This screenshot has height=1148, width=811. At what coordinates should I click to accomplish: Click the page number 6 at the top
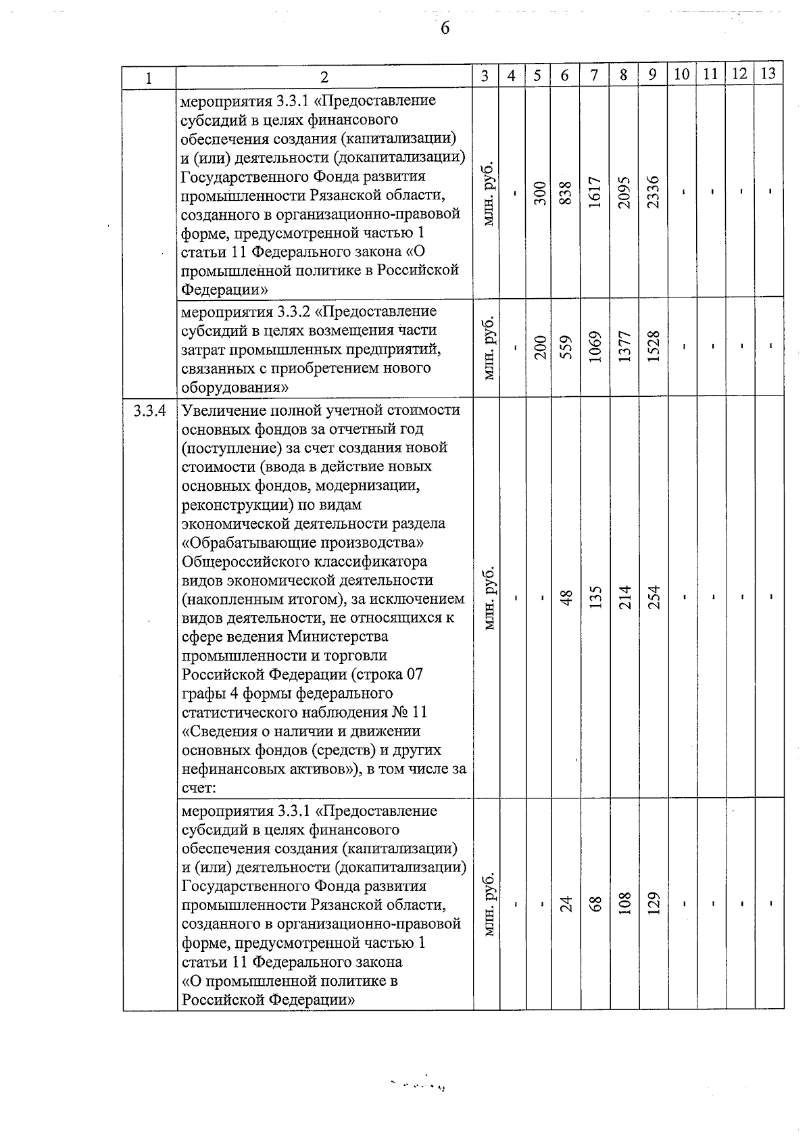click(x=445, y=28)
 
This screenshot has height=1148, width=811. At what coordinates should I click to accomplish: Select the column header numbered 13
click(x=768, y=74)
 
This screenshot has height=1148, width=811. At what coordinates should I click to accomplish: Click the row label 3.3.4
click(x=149, y=410)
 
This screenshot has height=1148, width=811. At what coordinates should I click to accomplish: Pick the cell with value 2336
click(x=653, y=192)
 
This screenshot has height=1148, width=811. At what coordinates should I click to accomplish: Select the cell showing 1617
click(x=595, y=192)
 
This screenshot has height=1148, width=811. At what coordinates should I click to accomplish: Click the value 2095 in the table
click(x=624, y=192)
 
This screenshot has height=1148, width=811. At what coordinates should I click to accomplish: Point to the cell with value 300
click(x=539, y=192)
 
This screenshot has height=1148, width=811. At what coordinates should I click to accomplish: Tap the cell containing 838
click(x=566, y=192)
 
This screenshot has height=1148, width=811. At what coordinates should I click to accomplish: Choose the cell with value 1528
click(x=653, y=346)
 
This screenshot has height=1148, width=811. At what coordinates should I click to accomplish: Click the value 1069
click(x=595, y=346)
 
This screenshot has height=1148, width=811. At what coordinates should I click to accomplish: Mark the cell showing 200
click(x=539, y=346)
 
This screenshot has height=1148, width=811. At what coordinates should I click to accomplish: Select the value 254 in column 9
click(x=653, y=597)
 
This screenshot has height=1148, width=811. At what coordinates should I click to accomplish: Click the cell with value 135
click(x=595, y=597)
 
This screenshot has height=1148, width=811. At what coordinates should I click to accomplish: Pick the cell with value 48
click(x=566, y=597)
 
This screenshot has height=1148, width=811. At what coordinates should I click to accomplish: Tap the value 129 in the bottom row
click(x=653, y=903)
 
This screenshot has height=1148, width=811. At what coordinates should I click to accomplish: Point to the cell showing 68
click(x=595, y=903)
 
